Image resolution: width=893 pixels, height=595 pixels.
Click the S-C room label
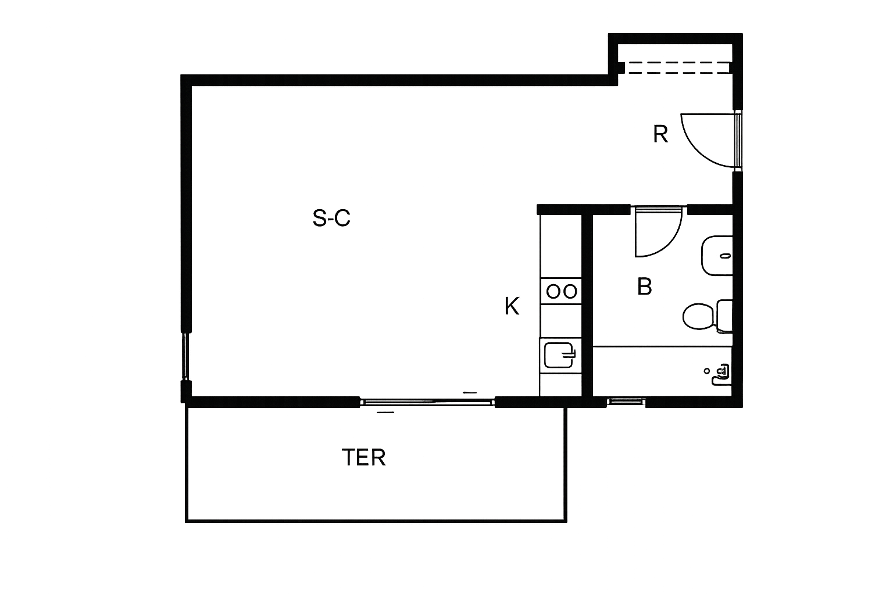click(331, 218)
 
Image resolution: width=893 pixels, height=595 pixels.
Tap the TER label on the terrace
click(363, 457)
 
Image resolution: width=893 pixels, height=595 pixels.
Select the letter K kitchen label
click(512, 306)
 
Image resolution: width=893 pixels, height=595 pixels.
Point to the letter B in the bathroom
click(644, 286)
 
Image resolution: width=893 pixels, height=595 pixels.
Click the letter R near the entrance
click(660, 134)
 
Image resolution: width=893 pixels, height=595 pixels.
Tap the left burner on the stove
click(553, 292)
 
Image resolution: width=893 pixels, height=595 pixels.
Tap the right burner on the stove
click(570, 292)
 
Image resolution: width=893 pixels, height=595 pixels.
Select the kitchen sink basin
click(558, 355)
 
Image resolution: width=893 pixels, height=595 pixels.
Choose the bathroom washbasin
click(716, 256)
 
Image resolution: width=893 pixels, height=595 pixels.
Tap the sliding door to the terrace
click(427, 402)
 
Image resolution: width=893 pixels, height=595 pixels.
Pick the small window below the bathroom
click(626, 402)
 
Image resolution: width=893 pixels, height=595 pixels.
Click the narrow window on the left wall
click(186, 356)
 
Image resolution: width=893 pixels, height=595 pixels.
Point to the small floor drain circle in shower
click(707, 371)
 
